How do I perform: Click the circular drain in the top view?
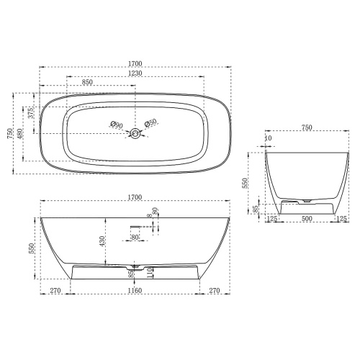click(134, 133)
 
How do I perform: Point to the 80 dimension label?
click(135, 236)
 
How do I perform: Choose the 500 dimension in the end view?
click(306, 218)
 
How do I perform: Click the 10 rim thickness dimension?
click(269, 138)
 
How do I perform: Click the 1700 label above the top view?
click(135, 63)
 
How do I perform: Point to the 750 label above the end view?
click(307, 127)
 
